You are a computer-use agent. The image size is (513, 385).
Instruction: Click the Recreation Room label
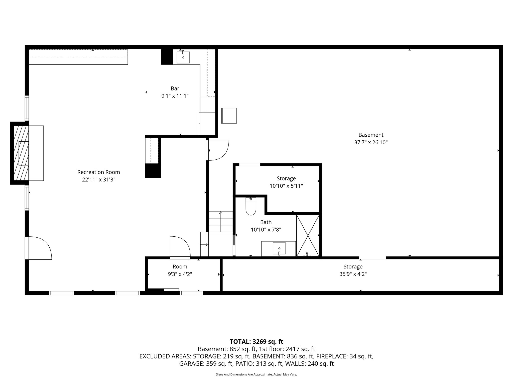98,172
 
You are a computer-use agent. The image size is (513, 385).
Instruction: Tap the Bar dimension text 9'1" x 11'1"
175,96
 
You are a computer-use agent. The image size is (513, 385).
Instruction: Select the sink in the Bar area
183,57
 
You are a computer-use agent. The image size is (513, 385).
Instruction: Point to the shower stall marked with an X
308,235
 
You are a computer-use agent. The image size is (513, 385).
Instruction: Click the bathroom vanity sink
279,249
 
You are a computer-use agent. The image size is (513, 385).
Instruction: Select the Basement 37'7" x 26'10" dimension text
371,142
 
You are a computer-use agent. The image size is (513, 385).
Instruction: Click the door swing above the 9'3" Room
180,247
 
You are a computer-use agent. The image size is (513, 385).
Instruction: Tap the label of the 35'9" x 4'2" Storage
353,267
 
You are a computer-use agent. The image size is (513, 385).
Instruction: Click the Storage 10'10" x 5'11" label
286,178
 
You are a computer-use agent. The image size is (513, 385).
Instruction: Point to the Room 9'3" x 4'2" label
180,267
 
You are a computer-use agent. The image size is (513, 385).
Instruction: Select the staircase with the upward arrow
221,222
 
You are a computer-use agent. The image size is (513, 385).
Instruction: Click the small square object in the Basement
229,116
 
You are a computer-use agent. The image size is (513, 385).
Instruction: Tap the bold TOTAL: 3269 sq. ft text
256,342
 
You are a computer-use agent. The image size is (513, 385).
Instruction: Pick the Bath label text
266,222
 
